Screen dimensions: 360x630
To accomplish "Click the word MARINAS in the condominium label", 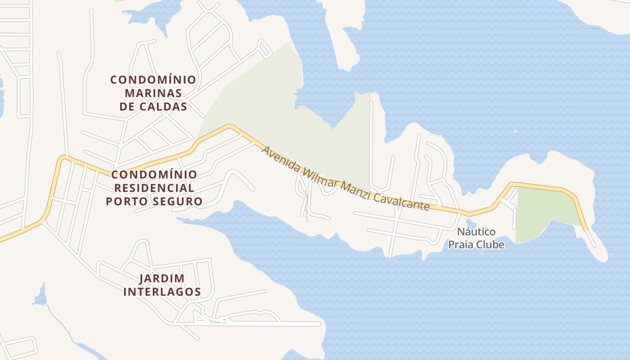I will tap(153, 94).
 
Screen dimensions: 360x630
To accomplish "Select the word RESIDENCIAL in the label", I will tap(153, 188).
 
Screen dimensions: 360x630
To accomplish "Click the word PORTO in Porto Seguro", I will tap(126, 201).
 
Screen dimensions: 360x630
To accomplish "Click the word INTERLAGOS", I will tap(162, 292).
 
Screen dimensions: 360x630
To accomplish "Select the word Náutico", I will tap(476, 232).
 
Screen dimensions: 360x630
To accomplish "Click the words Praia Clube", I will tap(476, 245).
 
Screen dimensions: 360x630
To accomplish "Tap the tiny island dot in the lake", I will tap(515, 131).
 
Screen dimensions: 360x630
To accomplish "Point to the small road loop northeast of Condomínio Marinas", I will tap(265, 49).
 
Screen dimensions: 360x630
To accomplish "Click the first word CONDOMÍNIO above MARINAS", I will tap(153, 80).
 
